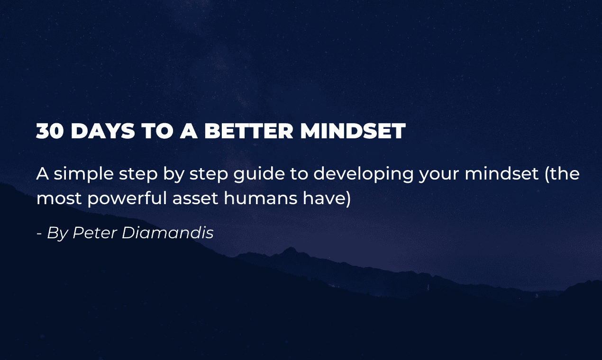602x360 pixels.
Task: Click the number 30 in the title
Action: click(49, 131)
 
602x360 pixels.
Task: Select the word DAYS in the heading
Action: click(103, 131)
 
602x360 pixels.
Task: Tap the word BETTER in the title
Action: click(248, 131)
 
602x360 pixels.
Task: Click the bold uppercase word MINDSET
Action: click(353, 131)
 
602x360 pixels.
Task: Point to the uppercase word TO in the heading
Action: click(156, 131)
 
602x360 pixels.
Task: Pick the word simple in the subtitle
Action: click(83, 174)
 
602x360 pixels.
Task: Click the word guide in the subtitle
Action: click(259, 173)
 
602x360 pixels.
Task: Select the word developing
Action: click(363, 174)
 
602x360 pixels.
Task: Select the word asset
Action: click(195, 199)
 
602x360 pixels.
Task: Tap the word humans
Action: click(260, 198)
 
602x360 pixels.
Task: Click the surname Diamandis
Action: click(168, 233)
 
